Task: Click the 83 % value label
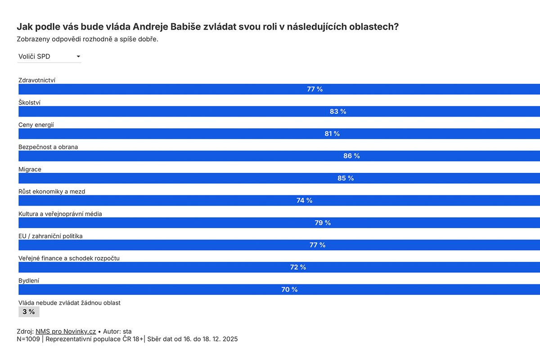point(338,112)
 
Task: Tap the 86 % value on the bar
point(351,156)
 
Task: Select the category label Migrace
point(30,169)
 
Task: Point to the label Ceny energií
point(36,125)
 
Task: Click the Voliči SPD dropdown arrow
point(78,57)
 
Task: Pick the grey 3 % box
point(29,312)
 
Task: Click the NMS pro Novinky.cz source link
point(66,331)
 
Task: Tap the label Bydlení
point(28,280)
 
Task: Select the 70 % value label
point(289,290)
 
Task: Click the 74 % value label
point(304,201)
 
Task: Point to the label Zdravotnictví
point(37,80)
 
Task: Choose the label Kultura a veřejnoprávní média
point(60,214)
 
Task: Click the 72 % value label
point(298,267)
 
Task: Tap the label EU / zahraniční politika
point(50,236)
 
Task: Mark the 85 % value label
point(346,179)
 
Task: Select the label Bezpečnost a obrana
point(48,147)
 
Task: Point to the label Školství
point(29,103)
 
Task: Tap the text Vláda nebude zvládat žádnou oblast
point(69,303)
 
